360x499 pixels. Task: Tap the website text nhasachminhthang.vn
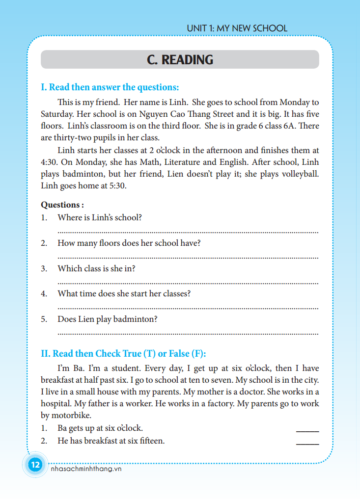pyautogui.click(x=86, y=469)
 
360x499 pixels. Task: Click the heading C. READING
pyautogui.click(x=180, y=60)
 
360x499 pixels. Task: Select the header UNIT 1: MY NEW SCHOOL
pyautogui.click(x=237, y=28)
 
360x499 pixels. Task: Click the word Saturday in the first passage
pyautogui.click(x=57, y=114)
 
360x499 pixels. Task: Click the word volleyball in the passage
pyautogui.click(x=296, y=174)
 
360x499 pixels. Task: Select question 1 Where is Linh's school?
pyautogui.click(x=100, y=217)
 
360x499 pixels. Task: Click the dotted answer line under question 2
pyautogui.click(x=188, y=257)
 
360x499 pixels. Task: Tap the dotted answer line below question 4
pyautogui.click(x=188, y=308)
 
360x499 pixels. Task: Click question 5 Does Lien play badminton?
pyautogui.click(x=107, y=319)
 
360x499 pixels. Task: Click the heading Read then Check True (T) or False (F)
pyautogui.click(x=123, y=353)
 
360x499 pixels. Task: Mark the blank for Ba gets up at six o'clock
pyautogui.click(x=307, y=430)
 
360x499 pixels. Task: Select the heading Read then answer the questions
pyautogui.click(x=110, y=87)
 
